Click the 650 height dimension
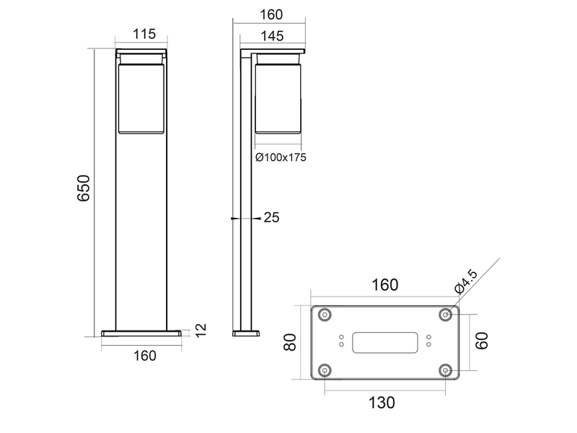(x=84, y=188)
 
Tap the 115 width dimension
(x=144, y=34)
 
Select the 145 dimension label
(x=273, y=36)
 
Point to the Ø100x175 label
(x=281, y=157)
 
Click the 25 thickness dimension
(x=272, y=218)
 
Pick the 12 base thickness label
(x=201, y=331)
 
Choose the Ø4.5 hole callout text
(x=466, y=281)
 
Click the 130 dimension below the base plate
(x=382, y=403)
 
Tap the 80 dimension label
(x=291, y=342)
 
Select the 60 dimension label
(x=482, y=341)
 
